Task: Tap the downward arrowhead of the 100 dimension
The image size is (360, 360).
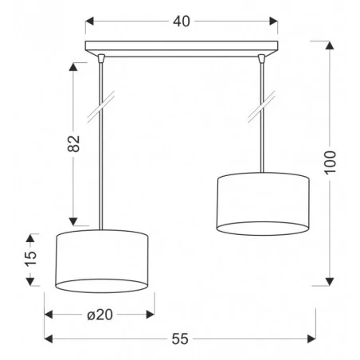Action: [330, 282]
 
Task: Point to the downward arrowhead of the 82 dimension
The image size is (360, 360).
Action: [73, 221]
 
